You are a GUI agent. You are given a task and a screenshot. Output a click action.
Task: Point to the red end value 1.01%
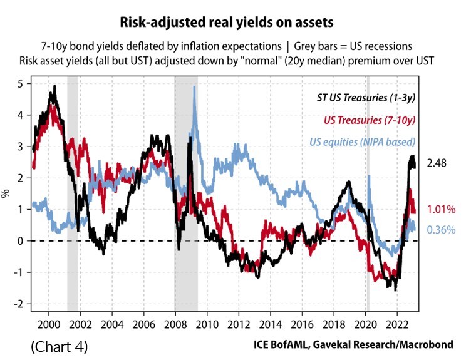click(x=442, y=210)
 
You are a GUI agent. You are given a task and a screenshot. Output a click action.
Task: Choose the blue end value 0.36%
click(x=441, y=230)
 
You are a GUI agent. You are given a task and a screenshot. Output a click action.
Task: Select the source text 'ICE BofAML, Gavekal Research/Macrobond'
click(x=354, y=345)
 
